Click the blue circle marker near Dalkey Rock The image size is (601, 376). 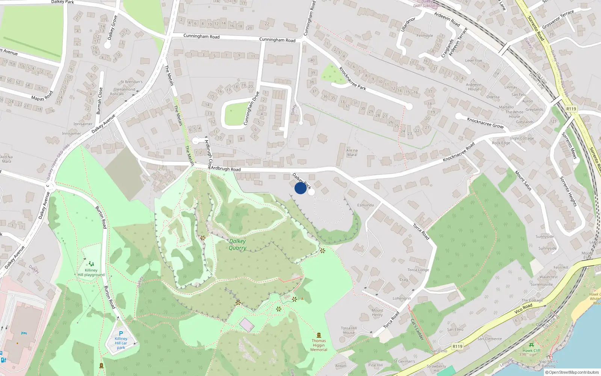click(x=300, y=188)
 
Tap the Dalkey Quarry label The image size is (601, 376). click(x=237, y=244)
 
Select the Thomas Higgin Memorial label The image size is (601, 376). click(x=319, y=345)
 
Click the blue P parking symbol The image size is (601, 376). click(x=121, y=333)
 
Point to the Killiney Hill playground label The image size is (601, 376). click(x=91, y=273)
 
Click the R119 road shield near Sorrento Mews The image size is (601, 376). click(x=571, y=109)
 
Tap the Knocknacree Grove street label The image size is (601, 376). click(x=485, y=123)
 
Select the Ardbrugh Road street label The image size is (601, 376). click(x=226, y=169)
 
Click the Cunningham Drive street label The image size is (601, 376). click(x=251, y=108)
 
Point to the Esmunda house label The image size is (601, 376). click(x=365, y=205)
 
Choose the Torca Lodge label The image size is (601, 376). click(x=418, y=270)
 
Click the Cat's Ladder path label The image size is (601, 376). click(x=417, y=329)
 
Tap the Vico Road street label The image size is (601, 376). click(x=523, y=308)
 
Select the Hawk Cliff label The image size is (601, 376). click(x=532, y=350)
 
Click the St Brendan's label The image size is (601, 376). click(x=131, y=82)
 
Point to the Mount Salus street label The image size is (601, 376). click(x=523, y=180)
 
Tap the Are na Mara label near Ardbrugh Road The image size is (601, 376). click(x=352, y=152)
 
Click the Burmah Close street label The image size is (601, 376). click(x=99, y=101)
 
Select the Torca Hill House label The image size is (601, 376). click(x=349, y=330)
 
